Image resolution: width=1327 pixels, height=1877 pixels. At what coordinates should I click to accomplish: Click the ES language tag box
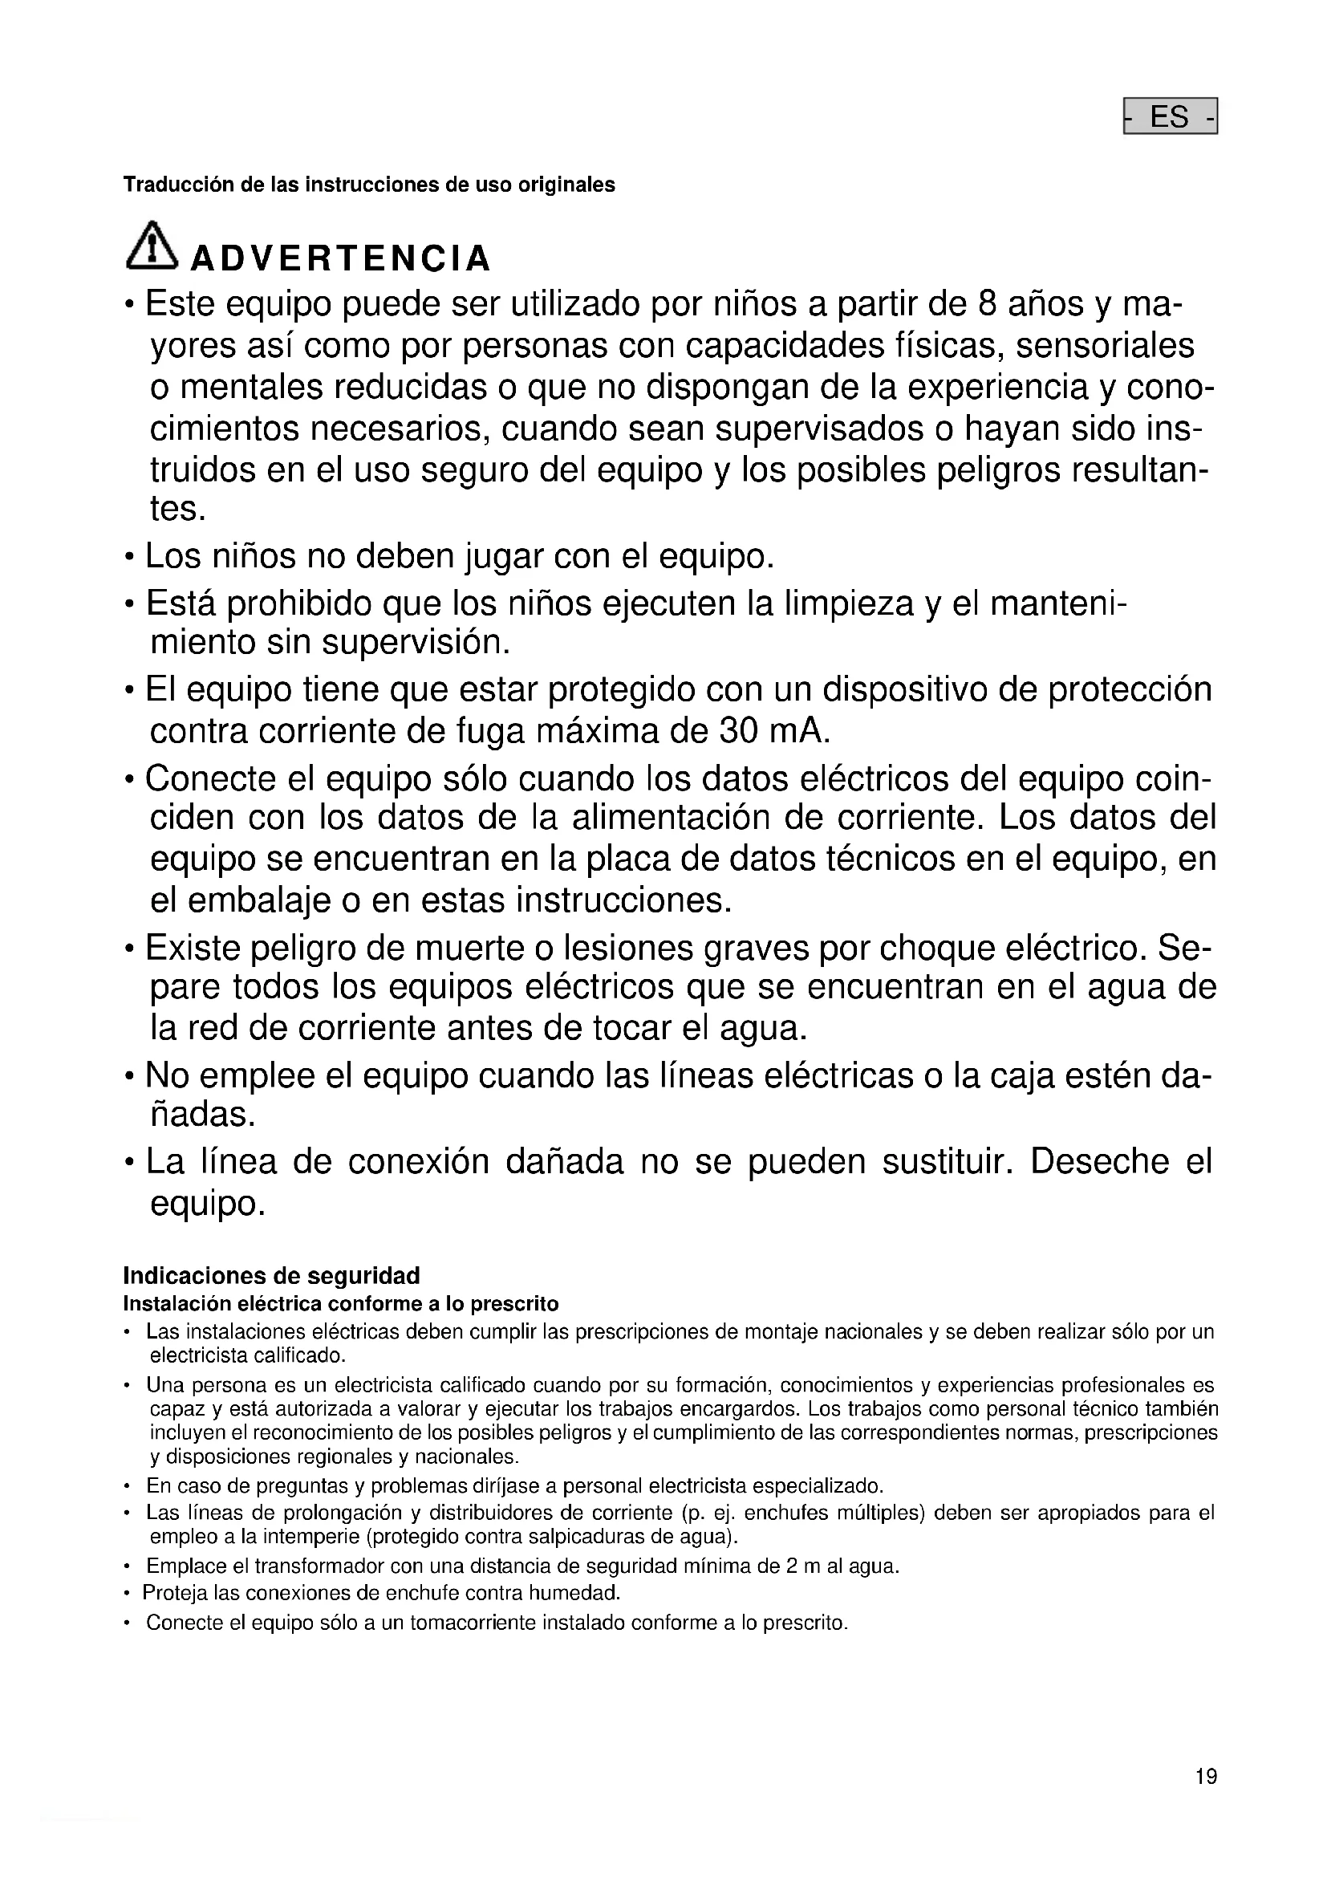[x=1170, y=116]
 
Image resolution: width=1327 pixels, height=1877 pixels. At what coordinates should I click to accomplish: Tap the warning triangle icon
[x=151, y=246]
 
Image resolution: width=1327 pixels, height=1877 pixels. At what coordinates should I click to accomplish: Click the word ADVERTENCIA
[x=340, y=258]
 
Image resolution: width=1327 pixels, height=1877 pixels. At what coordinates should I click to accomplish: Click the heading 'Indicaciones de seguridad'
[x=271, y=1275]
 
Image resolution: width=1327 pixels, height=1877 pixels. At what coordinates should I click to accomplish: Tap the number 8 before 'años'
[x=988, y=304]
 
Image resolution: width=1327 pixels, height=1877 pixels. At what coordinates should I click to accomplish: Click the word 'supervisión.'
[x=416, y=643]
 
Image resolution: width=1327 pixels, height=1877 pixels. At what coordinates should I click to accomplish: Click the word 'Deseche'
[x=1100, y=1162]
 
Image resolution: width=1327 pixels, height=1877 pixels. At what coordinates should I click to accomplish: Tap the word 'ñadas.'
[x=203, y=1115]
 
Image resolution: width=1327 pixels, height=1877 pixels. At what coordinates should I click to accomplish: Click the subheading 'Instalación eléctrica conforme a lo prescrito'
[x=341, y=1303]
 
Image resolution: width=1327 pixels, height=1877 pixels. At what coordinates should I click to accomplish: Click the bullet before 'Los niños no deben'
[x=129, y=559]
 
